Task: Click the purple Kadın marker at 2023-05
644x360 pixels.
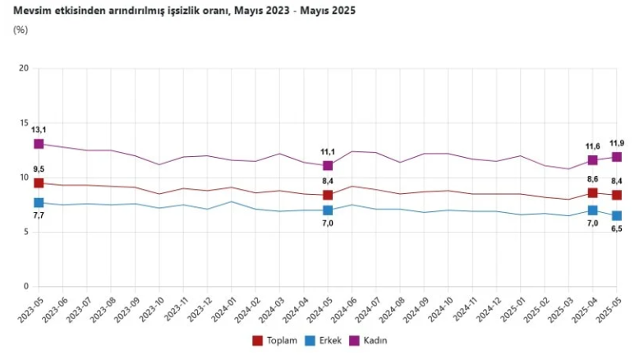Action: click(x=39, y=144)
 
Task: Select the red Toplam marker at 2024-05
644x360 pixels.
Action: click(x=328, y=195)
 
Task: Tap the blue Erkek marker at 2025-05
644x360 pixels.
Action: click(x=616, y=216)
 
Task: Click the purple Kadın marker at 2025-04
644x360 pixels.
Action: click(x=592, y=160)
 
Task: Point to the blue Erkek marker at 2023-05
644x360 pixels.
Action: click(x=39, y=202)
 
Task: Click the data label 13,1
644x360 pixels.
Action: click(x=39, y=130)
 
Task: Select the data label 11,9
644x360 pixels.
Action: click(x=617, y=143)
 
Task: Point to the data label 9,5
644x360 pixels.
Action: click(x=38, y=169)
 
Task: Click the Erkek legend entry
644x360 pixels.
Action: click(x=323, y=340)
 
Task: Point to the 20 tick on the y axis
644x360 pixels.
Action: click(x=23, y=68)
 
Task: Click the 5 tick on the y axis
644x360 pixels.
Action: click(x=25, y=232)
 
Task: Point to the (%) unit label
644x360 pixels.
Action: click(x=21, y=30)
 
